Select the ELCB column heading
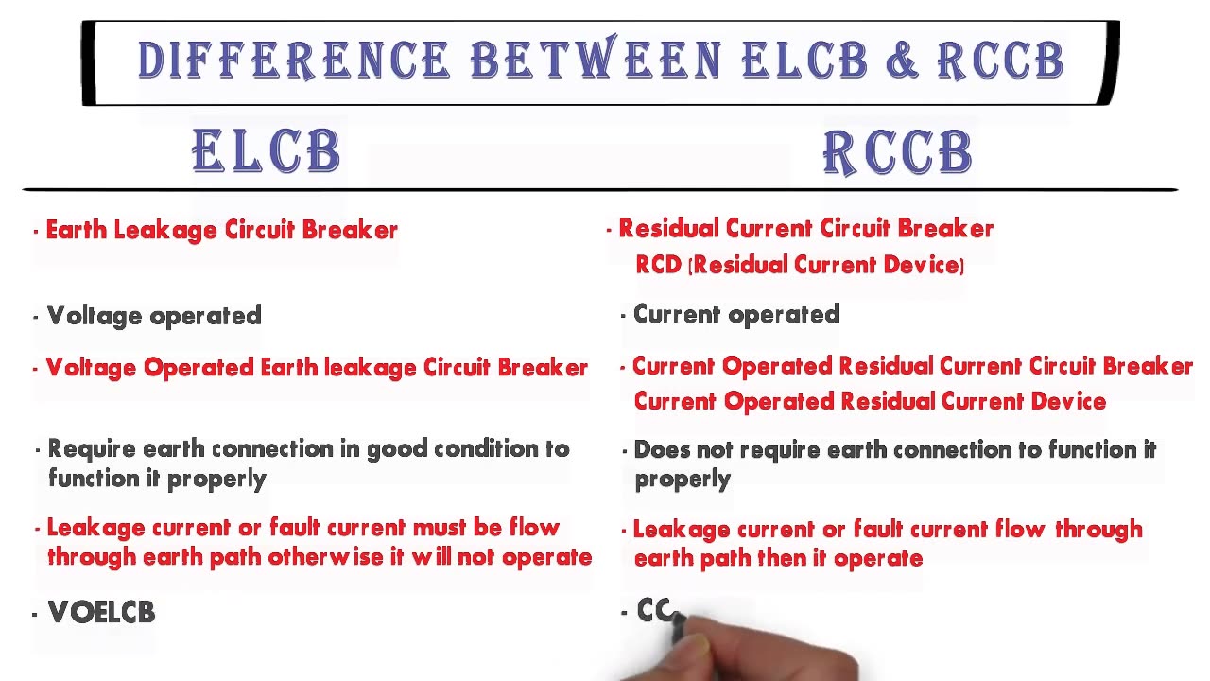(267, 152)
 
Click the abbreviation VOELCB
(101, 613)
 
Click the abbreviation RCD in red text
(658, 265)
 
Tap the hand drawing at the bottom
(747, 657)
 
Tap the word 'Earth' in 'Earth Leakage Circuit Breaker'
(77, 230)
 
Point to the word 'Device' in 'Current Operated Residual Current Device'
(1068, 401)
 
